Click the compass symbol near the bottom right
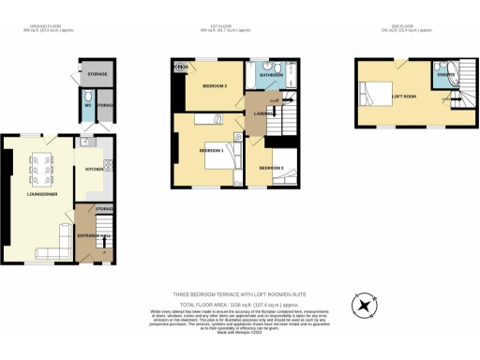(x=361, y=306)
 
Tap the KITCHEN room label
(x=94, y=171)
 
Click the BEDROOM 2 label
(x=215, y=86)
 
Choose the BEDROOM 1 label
(x=210, y=150)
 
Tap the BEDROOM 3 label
(x=272, y=168)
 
